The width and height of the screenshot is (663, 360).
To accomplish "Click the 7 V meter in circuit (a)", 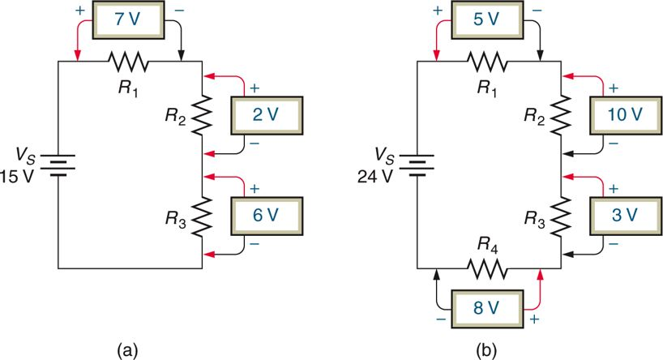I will [127, 16].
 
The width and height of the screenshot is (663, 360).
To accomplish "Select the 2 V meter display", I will [267, 114].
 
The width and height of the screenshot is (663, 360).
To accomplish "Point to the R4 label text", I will [487, 246].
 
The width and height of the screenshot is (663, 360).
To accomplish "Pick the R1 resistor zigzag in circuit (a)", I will [129, 61].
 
